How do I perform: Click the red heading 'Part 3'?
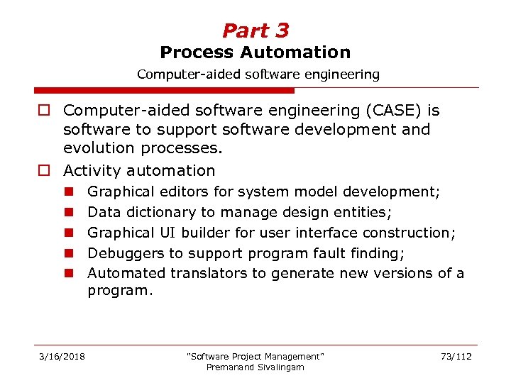pos(255,30)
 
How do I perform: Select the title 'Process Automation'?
pos(255,52)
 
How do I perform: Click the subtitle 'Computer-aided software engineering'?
pos(258,74)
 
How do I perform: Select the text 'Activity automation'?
pos(139,170)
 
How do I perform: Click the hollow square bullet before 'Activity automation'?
pos(44,171)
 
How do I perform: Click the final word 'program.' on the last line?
pos(119,290)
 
